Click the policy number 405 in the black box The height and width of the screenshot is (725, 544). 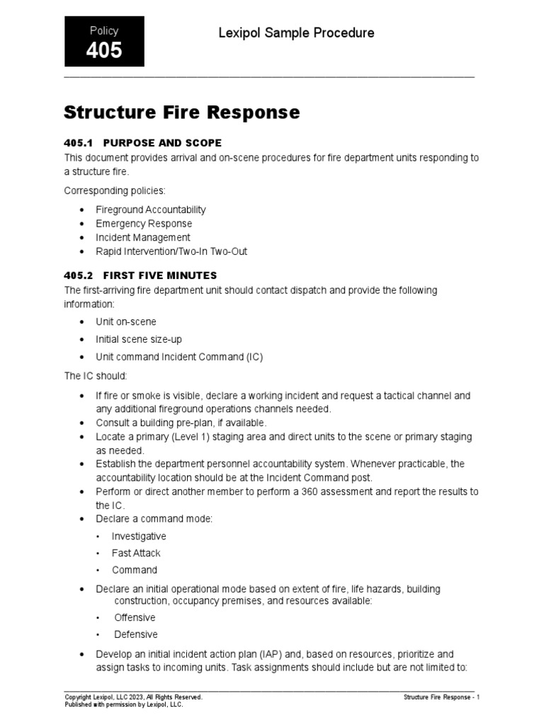coord(104,50)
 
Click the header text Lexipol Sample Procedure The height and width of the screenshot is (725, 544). coord(296,33)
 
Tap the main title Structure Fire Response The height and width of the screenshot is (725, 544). coord(181,113)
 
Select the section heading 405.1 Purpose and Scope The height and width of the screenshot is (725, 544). coord(142,143)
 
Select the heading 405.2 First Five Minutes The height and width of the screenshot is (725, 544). coord(140,275)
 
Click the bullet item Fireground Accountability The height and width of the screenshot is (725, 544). coord(151,210)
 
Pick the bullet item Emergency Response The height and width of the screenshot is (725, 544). coord(144,224)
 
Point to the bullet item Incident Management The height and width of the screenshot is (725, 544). coord(143,238)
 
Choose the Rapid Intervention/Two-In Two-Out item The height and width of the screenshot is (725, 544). coord(171,251)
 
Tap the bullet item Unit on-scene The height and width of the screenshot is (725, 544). coord(126,321)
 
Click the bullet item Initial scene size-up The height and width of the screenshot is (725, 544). coord(139,339)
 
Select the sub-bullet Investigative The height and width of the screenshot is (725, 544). coord(139,537)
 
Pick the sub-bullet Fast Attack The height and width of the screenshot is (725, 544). coord(136,553)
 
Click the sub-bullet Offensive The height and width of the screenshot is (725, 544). coord(135,618)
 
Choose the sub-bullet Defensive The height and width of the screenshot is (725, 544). coord(136,634)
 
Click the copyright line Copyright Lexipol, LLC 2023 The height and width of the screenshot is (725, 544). coord(133,697)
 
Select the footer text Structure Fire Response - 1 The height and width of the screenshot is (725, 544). coord(441,697)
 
